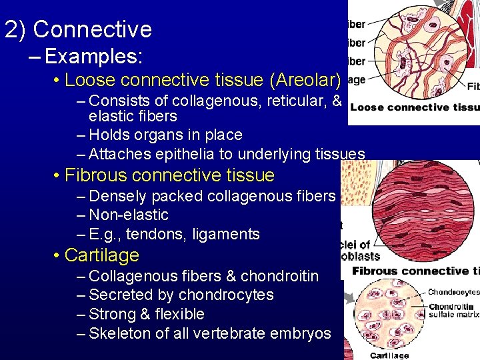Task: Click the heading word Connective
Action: (x=92, y=29)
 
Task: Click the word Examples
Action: (x=93, y=57)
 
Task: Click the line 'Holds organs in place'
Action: (x=165, y=135)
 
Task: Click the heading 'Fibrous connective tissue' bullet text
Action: (x=169, y=175)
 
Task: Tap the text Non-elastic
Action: (x=128, y=215)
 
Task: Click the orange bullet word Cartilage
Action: (x=101, y=255)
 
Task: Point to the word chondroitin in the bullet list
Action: (x=279, y=276)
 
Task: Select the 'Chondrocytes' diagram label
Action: (x=453, y=292)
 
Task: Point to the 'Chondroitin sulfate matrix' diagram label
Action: (x=453, y=311)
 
